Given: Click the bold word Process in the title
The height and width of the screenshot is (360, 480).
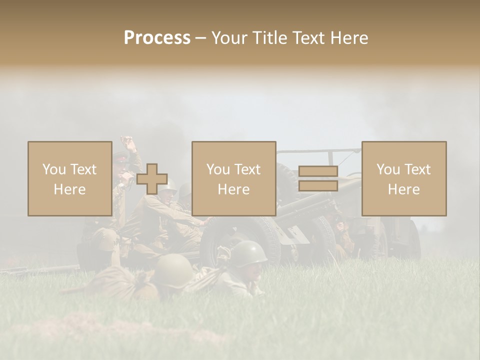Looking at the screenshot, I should (157, 38).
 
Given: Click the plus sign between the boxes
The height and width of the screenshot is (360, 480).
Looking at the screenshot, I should (152, 179).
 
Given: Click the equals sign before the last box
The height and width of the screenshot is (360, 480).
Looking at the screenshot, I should (318, 179).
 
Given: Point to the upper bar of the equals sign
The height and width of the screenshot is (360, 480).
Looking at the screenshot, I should (318, 171).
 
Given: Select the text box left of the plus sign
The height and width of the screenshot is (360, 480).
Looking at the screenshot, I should (69, 178).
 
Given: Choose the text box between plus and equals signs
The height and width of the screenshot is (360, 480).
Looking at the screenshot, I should (233, 178).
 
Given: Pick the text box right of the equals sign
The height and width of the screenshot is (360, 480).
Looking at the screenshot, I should (403, 178).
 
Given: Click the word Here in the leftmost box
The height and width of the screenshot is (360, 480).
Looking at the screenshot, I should (69, 189).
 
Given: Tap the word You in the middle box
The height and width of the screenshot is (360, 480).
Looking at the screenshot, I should (218, 169).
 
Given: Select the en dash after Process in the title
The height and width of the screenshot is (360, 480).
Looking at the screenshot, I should (200, 38).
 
